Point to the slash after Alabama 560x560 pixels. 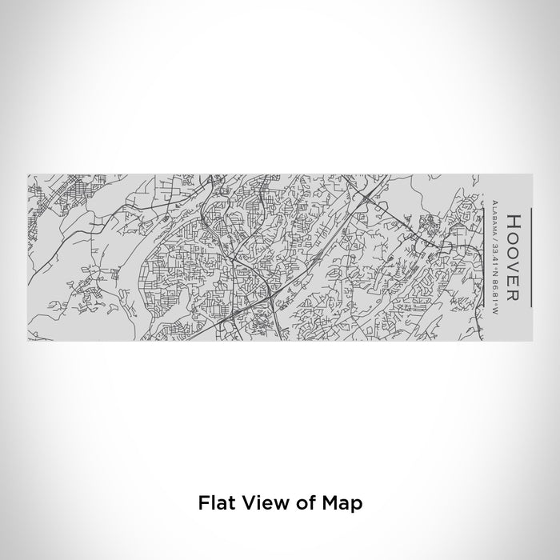click(x=497, y=234)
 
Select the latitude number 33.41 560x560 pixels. click(x=497, y=247)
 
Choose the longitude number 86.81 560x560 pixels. click(x=497, y=280)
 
